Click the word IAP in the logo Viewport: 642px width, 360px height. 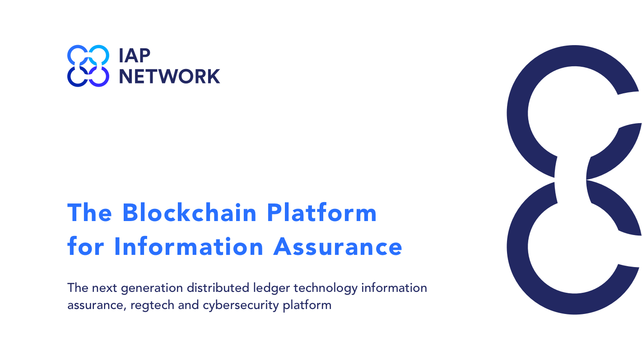tap(135, 55)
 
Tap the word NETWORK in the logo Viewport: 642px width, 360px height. tap(169, 77)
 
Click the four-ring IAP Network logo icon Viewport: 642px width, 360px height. tap(88, 65)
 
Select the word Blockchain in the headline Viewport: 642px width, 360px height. tap(189, 213)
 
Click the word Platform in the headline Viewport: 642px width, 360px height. tap(321, 213)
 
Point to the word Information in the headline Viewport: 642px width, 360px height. tap(189, 246)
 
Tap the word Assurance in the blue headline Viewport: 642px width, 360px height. tap(338, 247)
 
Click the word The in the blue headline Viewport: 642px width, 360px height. tap(89, 213)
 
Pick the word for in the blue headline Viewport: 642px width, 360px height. tap(85, 246)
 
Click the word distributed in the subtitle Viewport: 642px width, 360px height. tap(218, 287)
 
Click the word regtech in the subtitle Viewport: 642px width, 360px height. tap(152, 305)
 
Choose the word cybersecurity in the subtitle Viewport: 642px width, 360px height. tap(241, 305)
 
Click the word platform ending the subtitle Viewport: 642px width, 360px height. tap(307, 305)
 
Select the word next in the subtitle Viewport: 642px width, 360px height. tap(104, 288)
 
